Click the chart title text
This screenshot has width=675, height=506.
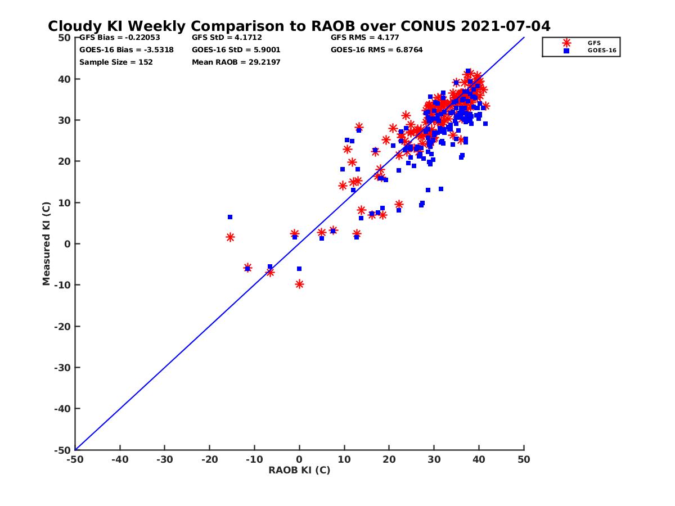pos(299,26)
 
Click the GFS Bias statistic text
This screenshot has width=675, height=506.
pos(119,38)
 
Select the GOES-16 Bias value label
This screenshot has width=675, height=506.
pos(127,50)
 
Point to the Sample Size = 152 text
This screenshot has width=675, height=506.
pos(116,62)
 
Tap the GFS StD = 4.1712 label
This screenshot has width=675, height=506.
pos(227,38)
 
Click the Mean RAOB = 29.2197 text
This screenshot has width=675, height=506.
pos(236,62)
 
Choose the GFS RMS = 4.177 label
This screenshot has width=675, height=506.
pos(365,38)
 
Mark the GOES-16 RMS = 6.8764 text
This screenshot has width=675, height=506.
pos(377,50)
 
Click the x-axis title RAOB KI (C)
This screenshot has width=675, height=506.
pos(299,471)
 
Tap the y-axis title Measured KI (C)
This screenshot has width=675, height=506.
pos(47,243)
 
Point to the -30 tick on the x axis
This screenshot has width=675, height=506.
pos(164,459)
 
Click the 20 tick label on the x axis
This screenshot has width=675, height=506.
pos(389,459)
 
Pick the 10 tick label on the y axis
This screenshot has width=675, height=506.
pos(65,202)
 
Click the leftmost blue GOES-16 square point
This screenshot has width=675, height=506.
pos(230,217)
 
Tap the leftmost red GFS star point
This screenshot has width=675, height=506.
pos(230,237)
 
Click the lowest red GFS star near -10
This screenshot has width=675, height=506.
pos(299,284)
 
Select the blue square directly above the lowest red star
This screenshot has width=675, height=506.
pos(299,269)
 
